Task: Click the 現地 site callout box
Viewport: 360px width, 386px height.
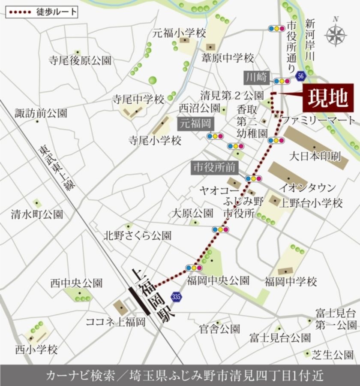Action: click(x=329, y=98)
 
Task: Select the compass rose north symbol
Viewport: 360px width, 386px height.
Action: click(x=336, y=34)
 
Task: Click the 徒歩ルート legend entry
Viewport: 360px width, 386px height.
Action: click(x=42, y=12)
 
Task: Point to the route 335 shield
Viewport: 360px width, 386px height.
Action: click(x=176, y=296)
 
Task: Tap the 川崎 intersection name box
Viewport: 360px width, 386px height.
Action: click(x=257, y=78)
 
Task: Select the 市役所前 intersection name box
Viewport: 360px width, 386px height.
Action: click(x=213, y=167)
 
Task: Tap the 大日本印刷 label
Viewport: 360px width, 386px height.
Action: click(x=315, y=156)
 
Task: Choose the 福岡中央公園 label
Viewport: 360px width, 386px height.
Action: click(x=218, y=281)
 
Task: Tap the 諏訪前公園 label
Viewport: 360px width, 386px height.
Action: click(x=41, y=113)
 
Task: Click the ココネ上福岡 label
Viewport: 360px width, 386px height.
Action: click(x=116, y=322)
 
